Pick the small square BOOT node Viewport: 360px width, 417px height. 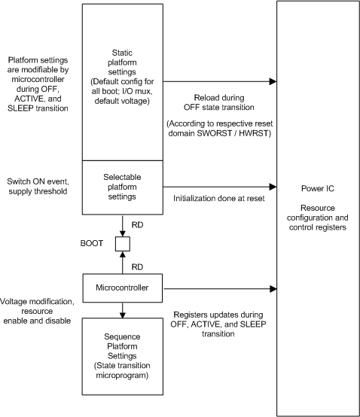tap(121, 244)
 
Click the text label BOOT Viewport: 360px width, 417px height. tap(93, 244)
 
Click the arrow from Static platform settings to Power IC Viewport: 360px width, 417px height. tap(218, 81)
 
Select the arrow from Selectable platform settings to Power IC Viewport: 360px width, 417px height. tap(218, 187)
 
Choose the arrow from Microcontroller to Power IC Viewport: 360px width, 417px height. tap(218, 286)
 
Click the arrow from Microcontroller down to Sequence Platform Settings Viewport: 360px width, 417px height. tap(121, 308)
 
